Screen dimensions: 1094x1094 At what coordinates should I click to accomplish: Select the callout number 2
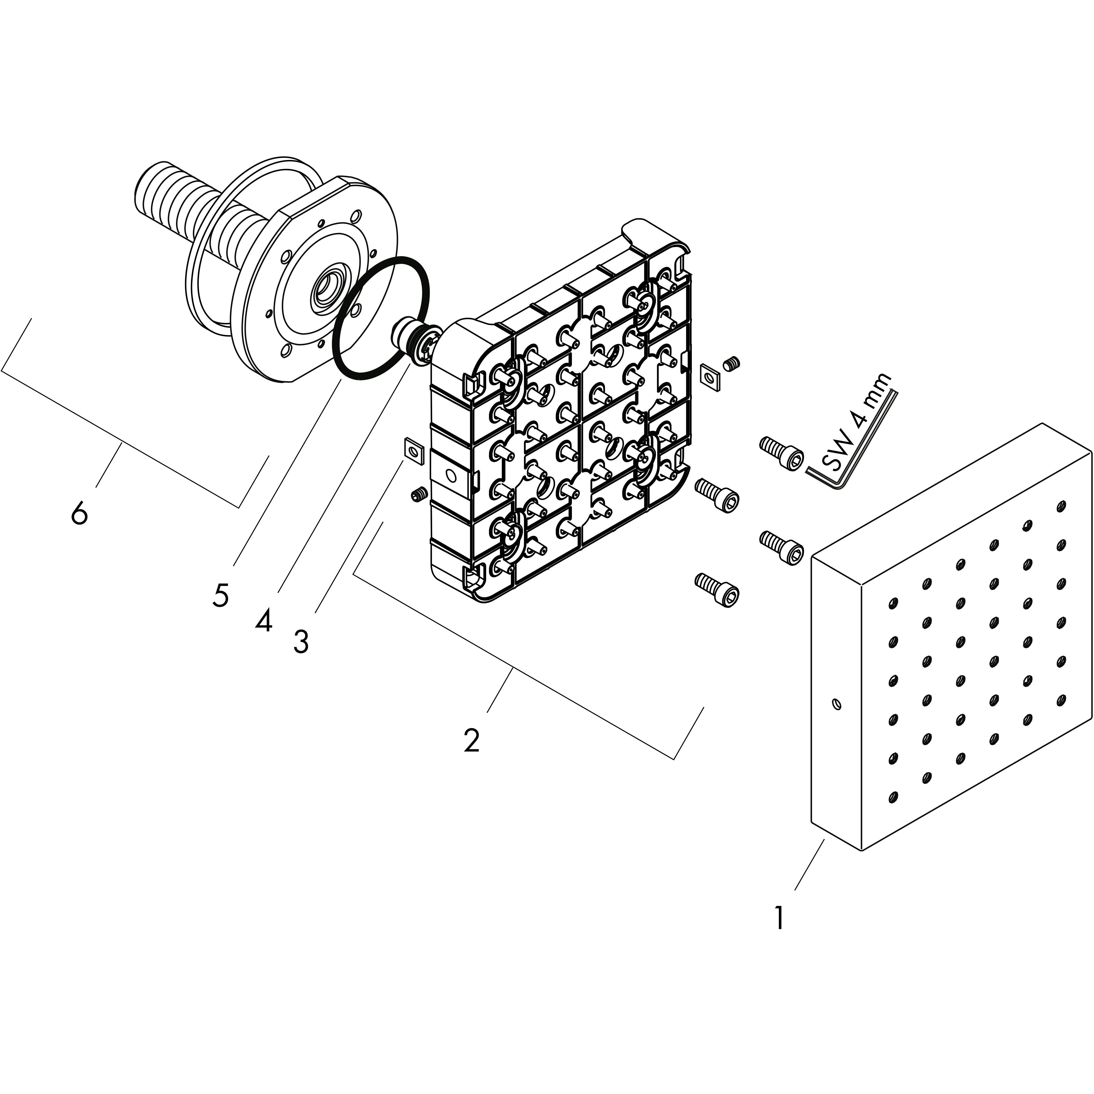click(471, 740)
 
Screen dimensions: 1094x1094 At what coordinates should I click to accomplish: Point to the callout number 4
click(263, 622)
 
